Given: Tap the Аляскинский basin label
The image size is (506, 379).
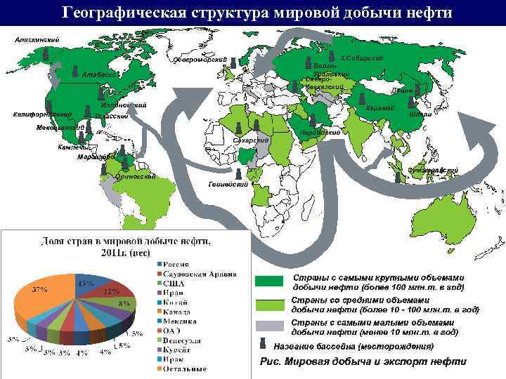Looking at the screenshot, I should (37, 39).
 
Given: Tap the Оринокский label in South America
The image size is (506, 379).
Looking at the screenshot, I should (135, 177).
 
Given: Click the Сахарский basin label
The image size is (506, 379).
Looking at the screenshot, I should (251, 141).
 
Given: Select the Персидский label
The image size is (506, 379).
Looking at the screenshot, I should (320, 132).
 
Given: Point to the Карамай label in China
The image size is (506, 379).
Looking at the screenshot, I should (380, 107).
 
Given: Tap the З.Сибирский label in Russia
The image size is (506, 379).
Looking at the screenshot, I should (361, 57).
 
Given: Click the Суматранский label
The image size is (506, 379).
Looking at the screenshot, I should (433, 170).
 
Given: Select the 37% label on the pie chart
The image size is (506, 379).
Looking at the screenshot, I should (39, 290).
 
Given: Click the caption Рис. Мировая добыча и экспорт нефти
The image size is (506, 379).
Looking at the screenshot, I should (363, 361).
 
